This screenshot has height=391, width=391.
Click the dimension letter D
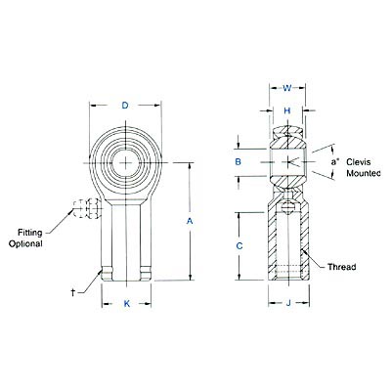pyautogui.click(x=124, y=105)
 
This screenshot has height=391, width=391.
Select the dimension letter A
pyautogui.click(x=191, y=222)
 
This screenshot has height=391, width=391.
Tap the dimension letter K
pyautogui.click(x=125, y=304)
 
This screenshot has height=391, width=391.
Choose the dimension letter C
pyautogui.click(x=239, y=247)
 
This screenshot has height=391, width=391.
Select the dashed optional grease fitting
pyautogui.click(x=84, y=207)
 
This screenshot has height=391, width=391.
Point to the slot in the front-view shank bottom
pyautogui.click(x=125, y=270)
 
